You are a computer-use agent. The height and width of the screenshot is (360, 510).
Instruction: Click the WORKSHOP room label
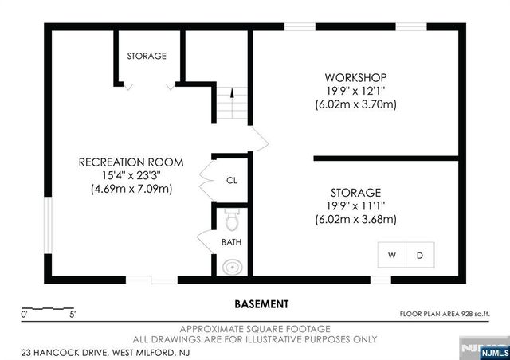[x=355, y=77]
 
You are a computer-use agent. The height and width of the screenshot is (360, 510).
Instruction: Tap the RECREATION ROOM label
[x=131, y=162]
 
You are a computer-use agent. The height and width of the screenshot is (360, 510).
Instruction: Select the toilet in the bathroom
[x=232, y=218]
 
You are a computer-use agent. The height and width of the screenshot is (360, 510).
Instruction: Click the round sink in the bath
[x=232, y=266]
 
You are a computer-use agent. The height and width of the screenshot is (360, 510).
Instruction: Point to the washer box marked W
[x=392, y=255]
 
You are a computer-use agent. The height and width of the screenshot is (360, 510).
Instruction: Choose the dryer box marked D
[x=421, y=255]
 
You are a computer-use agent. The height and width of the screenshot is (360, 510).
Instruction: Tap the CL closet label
[x=232, y=181]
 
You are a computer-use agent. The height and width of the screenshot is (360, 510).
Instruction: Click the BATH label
[x=231, y=242]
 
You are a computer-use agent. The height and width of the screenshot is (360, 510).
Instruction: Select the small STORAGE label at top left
[x=147, y=57]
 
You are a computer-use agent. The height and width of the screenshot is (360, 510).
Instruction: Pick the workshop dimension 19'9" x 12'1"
[x=355, y=91]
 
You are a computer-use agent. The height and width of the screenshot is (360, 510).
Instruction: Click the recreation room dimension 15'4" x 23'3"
[x=131, y=175]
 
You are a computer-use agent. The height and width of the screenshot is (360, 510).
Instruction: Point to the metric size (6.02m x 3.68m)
[x=355, y=219]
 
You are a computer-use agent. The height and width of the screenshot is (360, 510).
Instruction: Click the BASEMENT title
[x=261, y=304]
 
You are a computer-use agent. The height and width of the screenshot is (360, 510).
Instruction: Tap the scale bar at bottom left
[x=48, y=309]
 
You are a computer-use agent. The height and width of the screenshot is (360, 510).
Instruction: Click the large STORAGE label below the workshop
[x=355, y=193]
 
